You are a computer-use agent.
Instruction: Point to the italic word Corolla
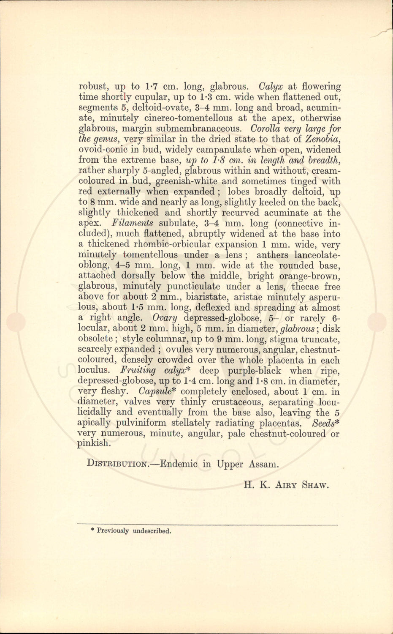265,128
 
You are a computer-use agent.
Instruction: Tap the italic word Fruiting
138,371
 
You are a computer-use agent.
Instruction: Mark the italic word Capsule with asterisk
157,392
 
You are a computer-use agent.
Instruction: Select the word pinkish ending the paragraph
94,444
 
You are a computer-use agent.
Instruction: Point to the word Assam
263,464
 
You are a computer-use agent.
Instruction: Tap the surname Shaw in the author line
315,485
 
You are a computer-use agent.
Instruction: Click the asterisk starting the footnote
92,530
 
